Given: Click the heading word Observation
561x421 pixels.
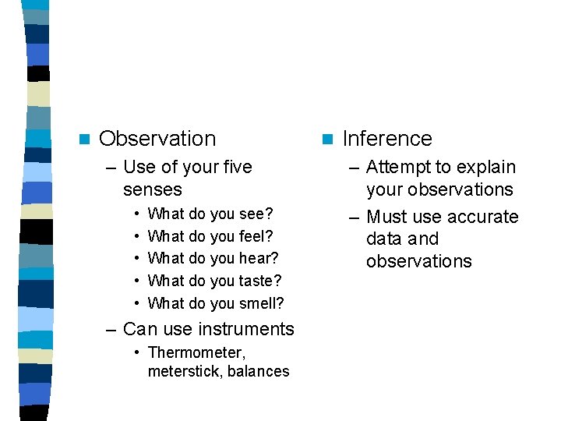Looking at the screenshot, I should (157, 139).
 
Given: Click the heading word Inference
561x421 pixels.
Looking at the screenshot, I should (386, 139).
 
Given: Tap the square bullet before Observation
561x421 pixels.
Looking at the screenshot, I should (84, 140).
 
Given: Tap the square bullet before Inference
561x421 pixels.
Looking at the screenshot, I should (327, 140).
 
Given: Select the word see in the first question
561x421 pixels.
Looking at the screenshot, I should (255, 214).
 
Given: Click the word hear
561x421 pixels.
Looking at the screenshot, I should (258, 258).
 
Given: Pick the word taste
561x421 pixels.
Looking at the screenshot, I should (260, 281).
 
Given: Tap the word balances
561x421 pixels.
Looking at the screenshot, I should (259, 372).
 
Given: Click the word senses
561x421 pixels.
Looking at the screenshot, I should (152, 189).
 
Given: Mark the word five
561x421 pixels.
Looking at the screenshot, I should (237, 167).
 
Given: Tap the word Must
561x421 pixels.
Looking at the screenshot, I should (387, 217).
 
